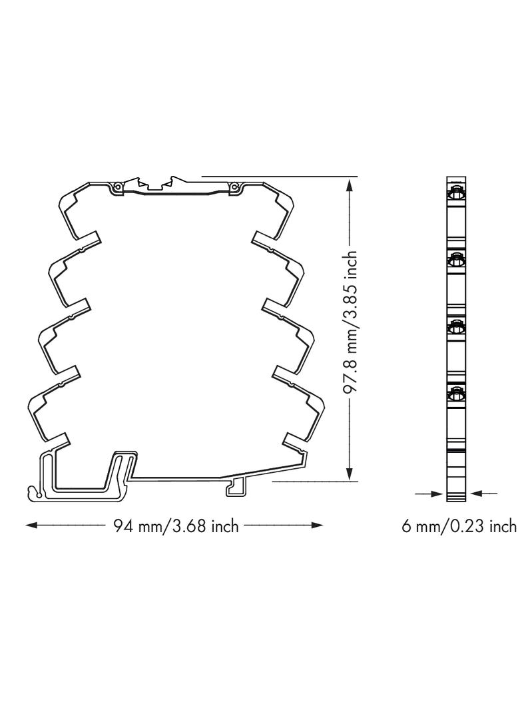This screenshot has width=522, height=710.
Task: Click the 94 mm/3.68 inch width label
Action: pos(176,526)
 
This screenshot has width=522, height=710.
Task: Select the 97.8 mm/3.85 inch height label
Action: pos(352,323)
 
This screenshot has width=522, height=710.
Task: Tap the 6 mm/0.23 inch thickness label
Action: pos(459,526)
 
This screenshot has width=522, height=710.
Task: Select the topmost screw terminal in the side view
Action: pos(457,194)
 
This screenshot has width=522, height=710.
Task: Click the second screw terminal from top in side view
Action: pos(457,260)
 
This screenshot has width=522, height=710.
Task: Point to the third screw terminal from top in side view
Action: pos(457,326)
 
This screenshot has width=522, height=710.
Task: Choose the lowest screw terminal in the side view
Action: pos(457,393)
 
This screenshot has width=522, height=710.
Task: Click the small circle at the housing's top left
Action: pos(117,187)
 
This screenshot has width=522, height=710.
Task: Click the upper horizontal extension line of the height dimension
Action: pos(280,177)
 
